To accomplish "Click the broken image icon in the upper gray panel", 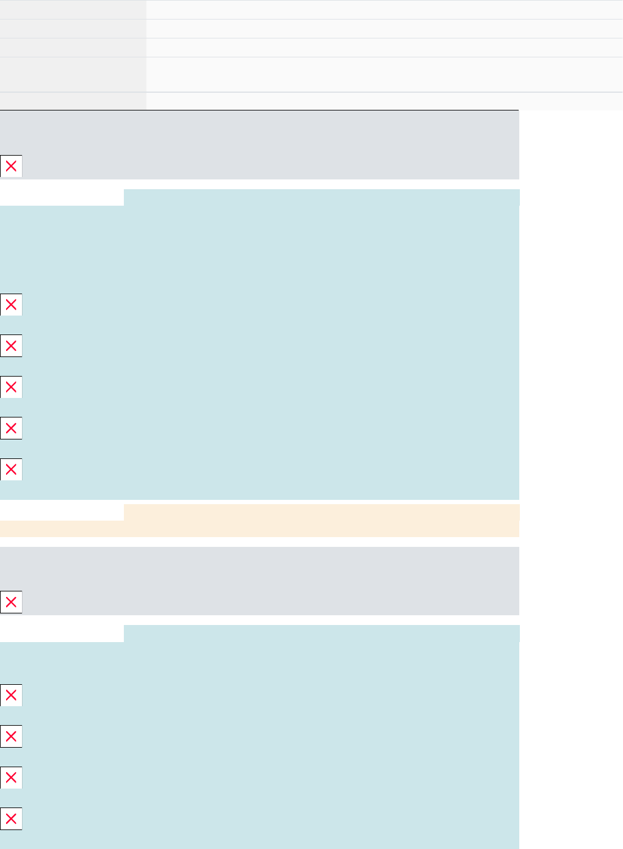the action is (11, 166).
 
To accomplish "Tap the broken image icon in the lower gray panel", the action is (11, 602).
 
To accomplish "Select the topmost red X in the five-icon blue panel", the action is (11, 305).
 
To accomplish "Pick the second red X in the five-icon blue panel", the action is (11, 345).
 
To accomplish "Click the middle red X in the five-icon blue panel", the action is (11, 387).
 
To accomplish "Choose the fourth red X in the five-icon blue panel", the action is (11, 428).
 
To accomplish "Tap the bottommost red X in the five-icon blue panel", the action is (11, 469).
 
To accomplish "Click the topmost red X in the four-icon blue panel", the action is (11, 695).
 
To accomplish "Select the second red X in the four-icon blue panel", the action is (11, 736).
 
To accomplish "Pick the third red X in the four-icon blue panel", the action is (11, 778).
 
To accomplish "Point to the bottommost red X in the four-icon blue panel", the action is (11, 818).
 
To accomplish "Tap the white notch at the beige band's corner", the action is (62, 512).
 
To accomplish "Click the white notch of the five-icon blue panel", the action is (62, 197).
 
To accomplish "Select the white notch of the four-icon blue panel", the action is (62, 633).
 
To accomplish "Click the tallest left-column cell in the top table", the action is (73, 74).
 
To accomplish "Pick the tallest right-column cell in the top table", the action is (384, 74).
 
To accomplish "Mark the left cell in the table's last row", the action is (73, 101).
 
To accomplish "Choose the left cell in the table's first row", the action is (73, 9).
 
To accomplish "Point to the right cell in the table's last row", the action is (384, 101).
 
